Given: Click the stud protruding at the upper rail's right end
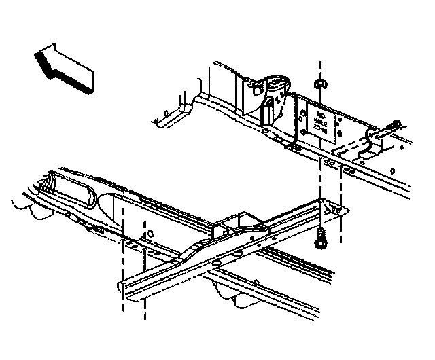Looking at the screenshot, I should click(x=395, y=125).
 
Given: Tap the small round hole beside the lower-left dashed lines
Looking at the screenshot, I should click(x=150, y=233).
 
